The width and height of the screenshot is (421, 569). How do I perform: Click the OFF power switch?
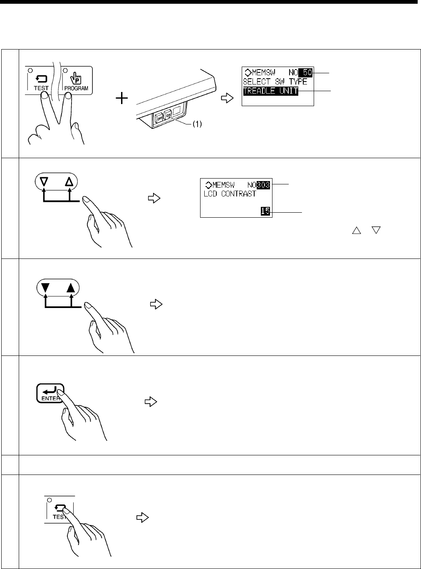coord(159,118)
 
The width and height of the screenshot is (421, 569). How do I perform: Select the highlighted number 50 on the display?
coord(307,73)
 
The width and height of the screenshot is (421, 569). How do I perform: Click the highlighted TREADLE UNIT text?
coord(270,91)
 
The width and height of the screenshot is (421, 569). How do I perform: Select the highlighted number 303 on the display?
coord(264,185)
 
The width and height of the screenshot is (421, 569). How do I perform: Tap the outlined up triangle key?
coord(69,182)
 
